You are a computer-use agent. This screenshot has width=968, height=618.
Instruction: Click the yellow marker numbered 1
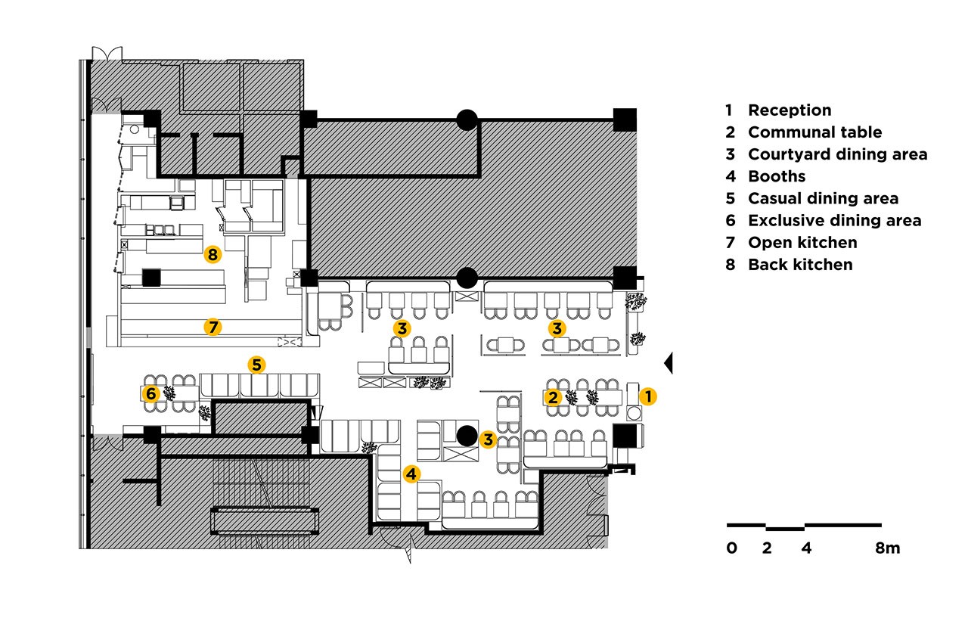(x=648, y=396)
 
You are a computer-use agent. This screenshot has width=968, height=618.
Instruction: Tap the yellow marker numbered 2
(x=553, y=397)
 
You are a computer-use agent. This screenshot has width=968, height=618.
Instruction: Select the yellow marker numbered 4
(x=411, y=474)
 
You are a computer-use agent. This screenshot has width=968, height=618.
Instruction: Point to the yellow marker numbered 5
(x=256, y=365)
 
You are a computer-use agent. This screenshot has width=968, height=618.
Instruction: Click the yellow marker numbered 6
(x=150, y=393)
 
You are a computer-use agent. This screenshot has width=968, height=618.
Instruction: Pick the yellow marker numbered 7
(x=213, y=327)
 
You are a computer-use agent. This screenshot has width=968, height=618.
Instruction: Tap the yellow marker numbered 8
(x=213, y=255)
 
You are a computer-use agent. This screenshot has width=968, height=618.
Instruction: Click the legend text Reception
(x=790, y=110)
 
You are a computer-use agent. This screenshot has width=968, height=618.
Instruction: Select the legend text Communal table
(x=815, y=132)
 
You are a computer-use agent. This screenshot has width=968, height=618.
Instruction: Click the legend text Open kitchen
(x=802, y=243)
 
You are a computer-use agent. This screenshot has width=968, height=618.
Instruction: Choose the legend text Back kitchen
(x=800, y=265)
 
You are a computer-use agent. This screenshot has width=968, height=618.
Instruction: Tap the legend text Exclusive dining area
(x=835, y=220)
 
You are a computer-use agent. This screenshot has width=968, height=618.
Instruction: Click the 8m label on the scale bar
(x=888, y=548)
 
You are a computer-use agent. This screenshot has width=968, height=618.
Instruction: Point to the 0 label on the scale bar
(x=731, y=548)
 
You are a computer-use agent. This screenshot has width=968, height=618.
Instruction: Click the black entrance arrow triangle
(x=669, y=363)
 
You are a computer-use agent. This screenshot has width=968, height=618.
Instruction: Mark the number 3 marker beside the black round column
(x=488, y=439)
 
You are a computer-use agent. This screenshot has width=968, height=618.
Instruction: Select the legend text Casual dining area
(x=824, y=198)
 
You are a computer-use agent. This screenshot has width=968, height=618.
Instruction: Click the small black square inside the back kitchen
(x=151, y=278)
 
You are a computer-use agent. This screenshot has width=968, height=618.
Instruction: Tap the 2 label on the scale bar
(x=767, y=548)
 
